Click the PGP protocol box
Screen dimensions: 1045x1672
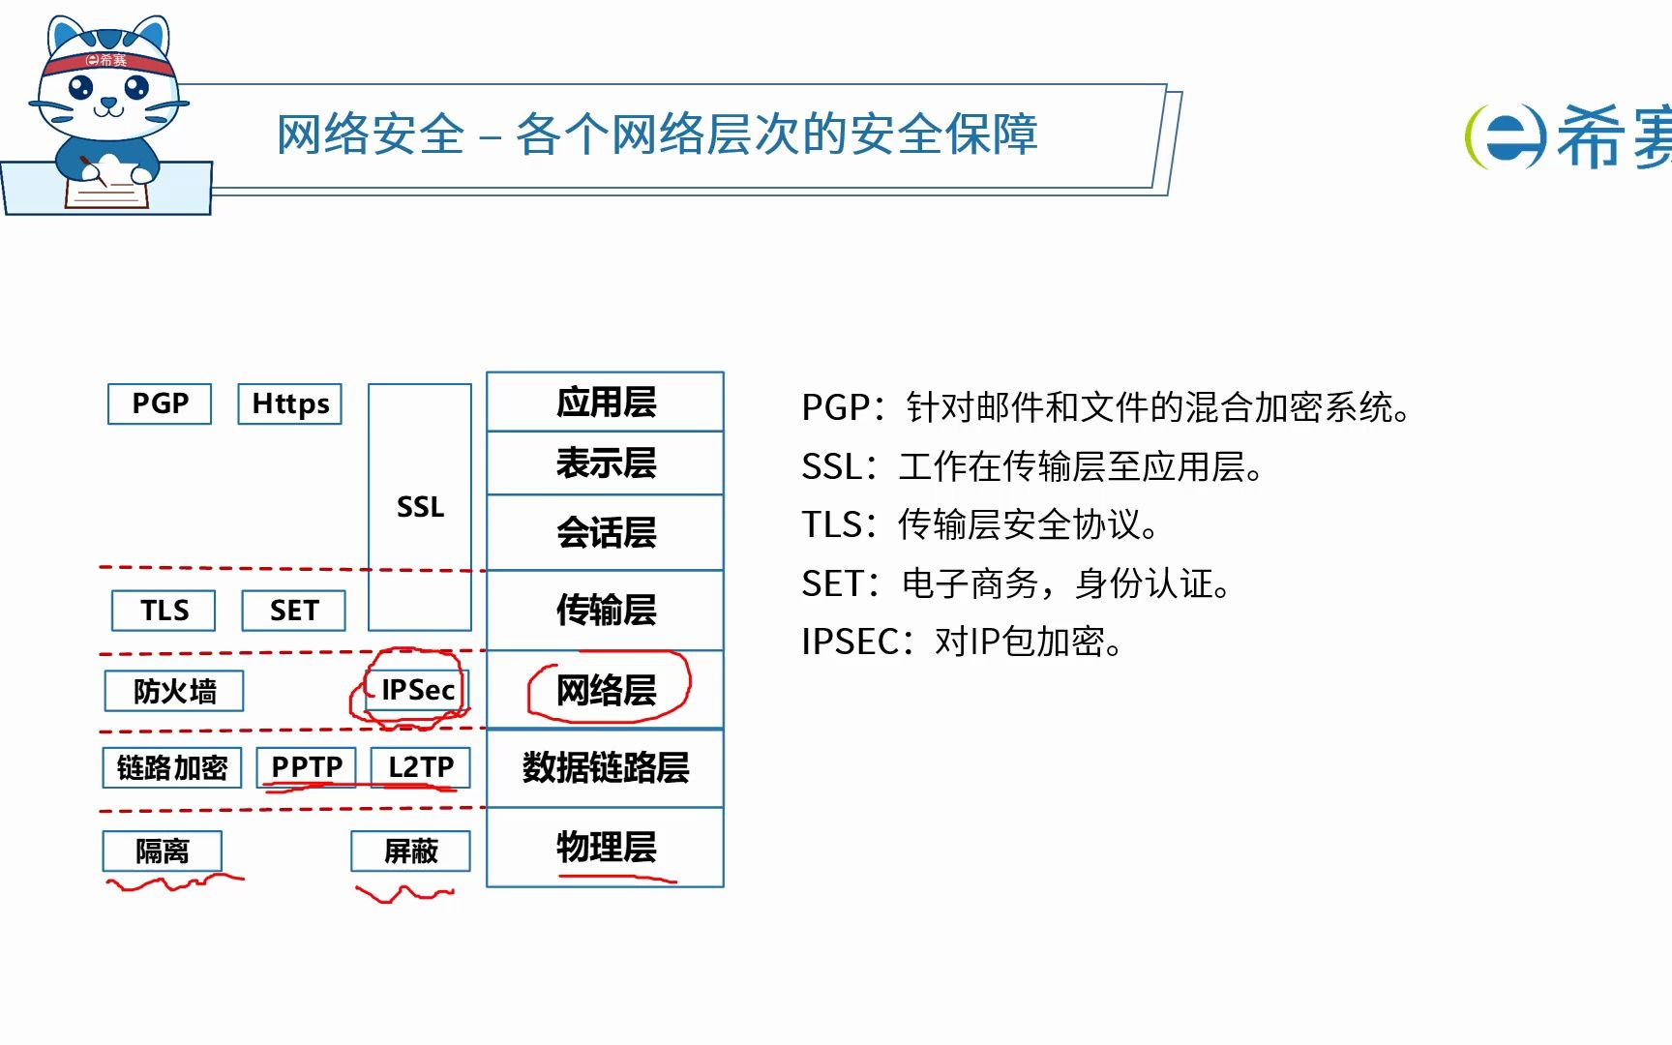[x=160, y=403]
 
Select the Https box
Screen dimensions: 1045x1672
[x=289, y=403]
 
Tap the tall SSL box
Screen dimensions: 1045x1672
[x=420, y=507]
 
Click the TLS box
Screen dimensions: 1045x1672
[x=164, y=611]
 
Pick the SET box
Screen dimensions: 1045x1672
[x=293, y=611]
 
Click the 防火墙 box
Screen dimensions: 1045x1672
[x=174, y=691]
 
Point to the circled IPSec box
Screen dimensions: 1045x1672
[x=417, y=690]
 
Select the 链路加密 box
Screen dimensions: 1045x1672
[x=171, y=767]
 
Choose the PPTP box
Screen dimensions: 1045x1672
[x=307, y=766]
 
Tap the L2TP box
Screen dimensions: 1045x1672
[x=420, y=766]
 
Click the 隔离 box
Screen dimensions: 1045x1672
[x=162, y=851]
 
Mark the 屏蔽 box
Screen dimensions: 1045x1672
[x=410, y=851]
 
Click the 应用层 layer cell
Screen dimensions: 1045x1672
[x=606, y=402]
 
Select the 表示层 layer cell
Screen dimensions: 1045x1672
[x=606, y=463]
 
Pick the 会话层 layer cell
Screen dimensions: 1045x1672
[x=606, y=532]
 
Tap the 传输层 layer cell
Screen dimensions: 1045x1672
[x=606, y=610]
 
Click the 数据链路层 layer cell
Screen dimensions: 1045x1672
[x=606, y=767]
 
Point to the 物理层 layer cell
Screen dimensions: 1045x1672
[x=606, y=847]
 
